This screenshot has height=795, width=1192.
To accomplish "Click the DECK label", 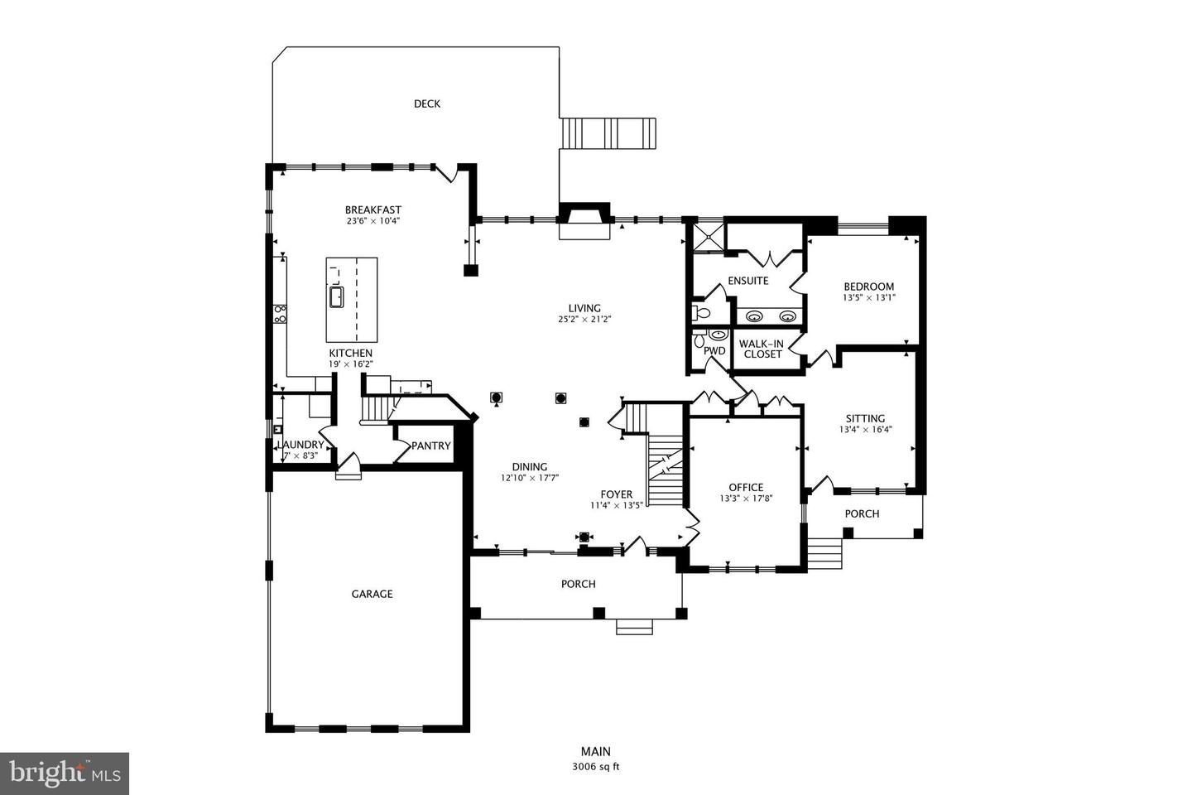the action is click(x=427, y=104).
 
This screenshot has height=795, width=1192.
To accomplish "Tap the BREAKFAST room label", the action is click(x=373, y=210).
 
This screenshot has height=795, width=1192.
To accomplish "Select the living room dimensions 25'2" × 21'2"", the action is click(x=584, y=320).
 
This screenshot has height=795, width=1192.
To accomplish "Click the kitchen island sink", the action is click(x=336, y=296).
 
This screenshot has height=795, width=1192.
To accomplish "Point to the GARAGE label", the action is click(x=372, y=594).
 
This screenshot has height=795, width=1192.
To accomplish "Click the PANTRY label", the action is click(x=431, y=446).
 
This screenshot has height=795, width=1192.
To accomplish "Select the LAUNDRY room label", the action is click(x=300, y=445).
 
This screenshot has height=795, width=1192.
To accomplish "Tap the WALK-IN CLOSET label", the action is click(x=762, y=349).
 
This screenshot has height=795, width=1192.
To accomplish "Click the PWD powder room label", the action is click(x=714, y=351).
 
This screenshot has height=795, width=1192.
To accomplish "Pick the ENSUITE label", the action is click(x=748, y=281).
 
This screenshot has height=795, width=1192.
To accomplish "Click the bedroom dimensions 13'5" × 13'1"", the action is click(x=869, y=297).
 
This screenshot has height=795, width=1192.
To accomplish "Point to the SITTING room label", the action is click(x=865, y=418).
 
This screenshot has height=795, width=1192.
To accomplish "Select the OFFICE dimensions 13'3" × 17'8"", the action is click(x=746, y=499).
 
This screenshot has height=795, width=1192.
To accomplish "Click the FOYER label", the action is click(x=617, y=494).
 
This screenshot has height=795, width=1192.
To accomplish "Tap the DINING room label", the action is click(x=530, y=467).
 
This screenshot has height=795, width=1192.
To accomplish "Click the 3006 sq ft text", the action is click(x=596, y=767).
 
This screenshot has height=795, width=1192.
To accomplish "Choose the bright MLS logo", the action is click(x=65, y=773).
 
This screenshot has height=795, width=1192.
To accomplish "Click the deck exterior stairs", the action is click(x=608, y=133).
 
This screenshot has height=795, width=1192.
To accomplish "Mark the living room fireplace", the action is click(x=584, y=220).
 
